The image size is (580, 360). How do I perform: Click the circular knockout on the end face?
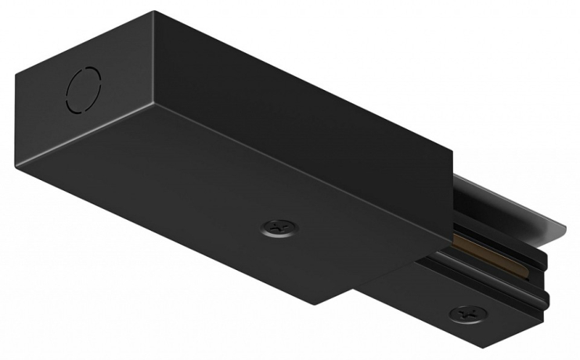84,88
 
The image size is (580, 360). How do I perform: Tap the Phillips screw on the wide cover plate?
280,226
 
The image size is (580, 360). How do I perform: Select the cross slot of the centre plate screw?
280,226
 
